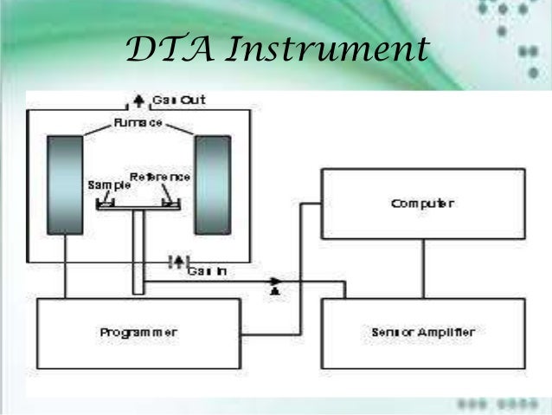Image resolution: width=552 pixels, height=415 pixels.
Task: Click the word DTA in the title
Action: (166, 49)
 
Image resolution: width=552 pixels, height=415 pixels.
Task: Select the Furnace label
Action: (138, 125)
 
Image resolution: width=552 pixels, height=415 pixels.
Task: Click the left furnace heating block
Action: (65, 185)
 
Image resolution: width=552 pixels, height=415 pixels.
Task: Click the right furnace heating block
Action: (212, 185)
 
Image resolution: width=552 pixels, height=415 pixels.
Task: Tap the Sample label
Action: (106, 185)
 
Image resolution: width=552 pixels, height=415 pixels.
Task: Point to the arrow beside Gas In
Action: (178, 261)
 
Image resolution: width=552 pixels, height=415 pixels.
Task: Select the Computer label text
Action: (422, 204)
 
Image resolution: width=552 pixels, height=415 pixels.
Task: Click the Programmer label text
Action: (138, 332)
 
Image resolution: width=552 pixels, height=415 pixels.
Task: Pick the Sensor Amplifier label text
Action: (423, 332)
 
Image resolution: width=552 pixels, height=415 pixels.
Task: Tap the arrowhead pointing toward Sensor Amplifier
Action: (275, 282)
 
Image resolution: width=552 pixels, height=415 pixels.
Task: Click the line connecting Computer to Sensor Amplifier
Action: (423, 269)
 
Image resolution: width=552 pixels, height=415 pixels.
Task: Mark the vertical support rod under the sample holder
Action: (138, 251)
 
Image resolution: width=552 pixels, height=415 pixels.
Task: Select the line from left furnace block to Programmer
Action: (66, 266)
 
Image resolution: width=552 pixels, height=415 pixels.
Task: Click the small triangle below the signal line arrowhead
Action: (275, 293)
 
